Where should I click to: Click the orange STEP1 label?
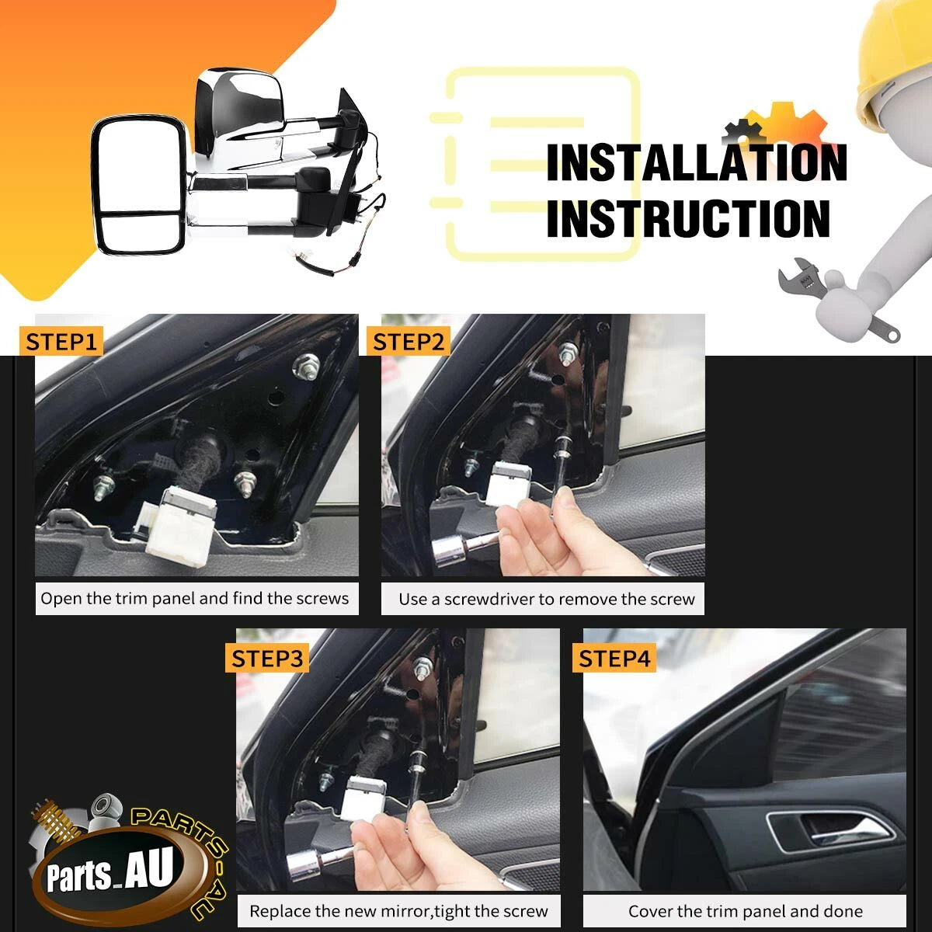[61, 342]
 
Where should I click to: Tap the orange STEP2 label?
[409, 342]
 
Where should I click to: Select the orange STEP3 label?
[267, 658]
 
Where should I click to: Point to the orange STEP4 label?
[614, 658]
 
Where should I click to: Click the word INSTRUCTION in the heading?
[688, 218]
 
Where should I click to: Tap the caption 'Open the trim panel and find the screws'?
[194, 599]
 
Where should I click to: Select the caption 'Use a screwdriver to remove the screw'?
[547, 600]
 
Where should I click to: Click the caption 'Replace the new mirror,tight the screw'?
[398, 911]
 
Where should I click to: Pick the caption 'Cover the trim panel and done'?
[746, 911]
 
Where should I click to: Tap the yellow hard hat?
[894, 63]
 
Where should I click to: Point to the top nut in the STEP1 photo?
[306, 365]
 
